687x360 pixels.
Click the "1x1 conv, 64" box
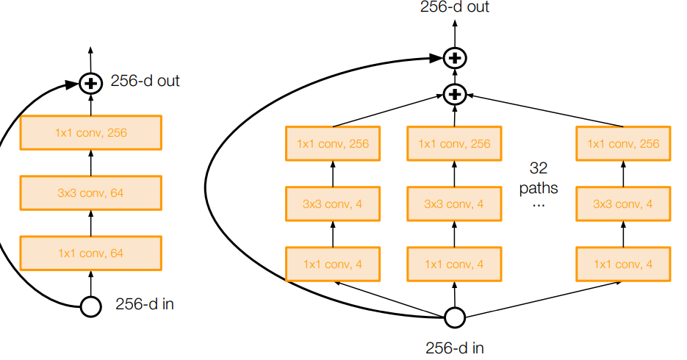[x=90, y=253]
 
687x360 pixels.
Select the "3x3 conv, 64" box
[x=90, y=193]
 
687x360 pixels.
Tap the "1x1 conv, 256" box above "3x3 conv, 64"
[x=90, y=133]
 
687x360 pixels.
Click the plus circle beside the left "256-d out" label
[x=90, y=84]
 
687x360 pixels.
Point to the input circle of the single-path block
[x=90, y=306]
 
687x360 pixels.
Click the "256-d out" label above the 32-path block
[x=455, y=8]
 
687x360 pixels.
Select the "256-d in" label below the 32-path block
[x=455, y=348]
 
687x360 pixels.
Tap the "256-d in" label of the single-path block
[x=145, y=304]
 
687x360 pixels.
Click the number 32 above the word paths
[x=539, y=168]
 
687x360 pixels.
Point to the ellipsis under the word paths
[x=539, y=206]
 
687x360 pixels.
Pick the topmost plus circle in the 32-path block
[x=455, y=57]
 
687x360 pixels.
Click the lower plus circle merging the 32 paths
[x=455, y=93]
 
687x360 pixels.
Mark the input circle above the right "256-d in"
[x=455, y=317]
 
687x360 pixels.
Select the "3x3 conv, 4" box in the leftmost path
[x=332, y=204]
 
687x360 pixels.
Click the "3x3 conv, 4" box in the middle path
[x=454, y=204]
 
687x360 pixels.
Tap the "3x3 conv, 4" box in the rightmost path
[x=623, y=204]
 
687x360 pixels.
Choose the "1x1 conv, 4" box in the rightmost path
[x=623, y=264]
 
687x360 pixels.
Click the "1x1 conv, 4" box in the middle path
[x=454, y=264]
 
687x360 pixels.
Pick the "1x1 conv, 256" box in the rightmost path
[x=623, y=143]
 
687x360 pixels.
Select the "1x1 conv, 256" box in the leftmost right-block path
[x=332, y=143]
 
